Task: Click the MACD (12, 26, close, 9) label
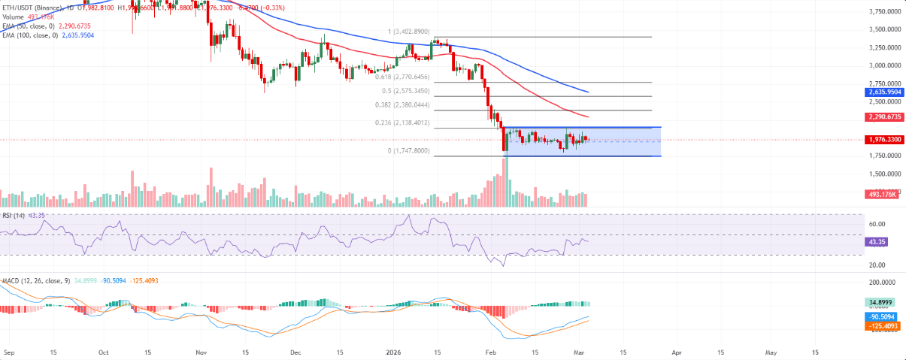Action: pos(35,280)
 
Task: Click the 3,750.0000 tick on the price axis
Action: pos(883,12)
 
